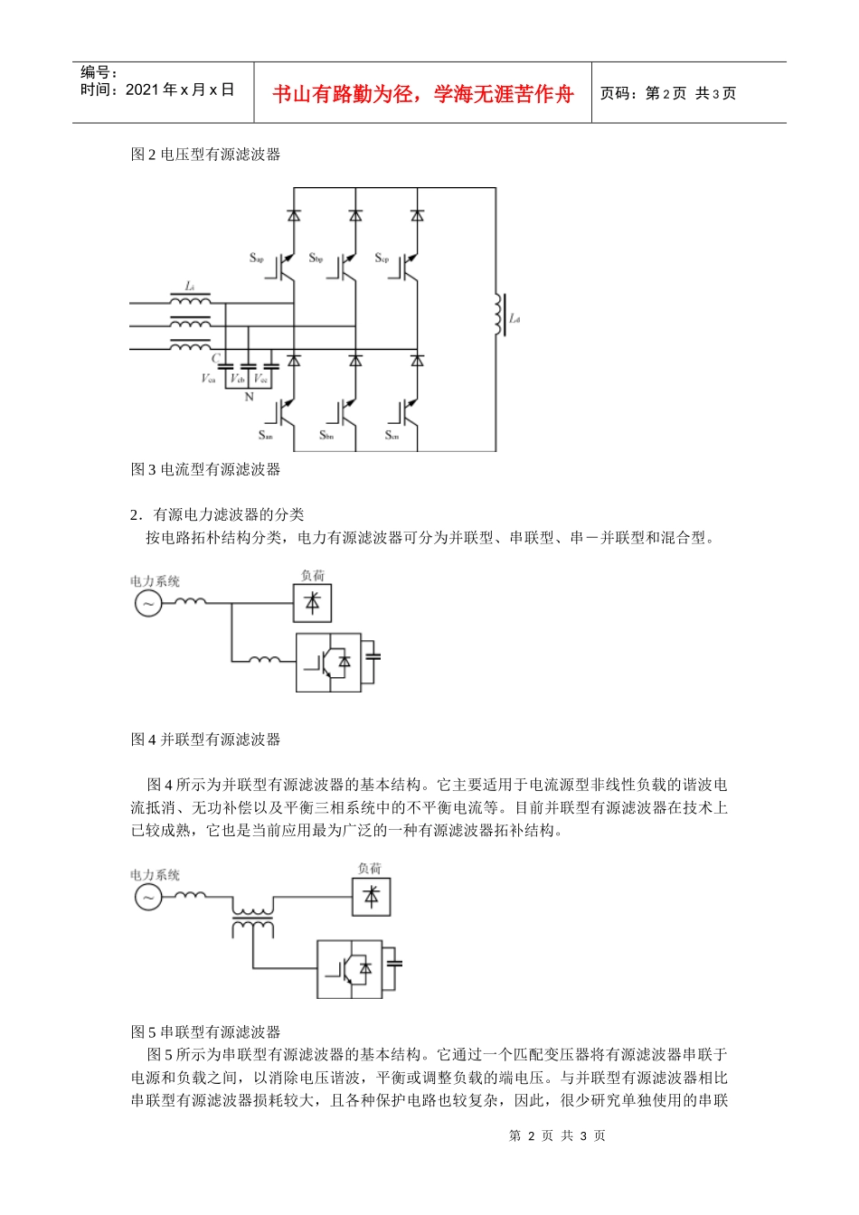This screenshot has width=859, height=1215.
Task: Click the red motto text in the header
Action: pos(422,94)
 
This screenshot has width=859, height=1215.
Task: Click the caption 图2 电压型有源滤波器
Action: pos(205,155)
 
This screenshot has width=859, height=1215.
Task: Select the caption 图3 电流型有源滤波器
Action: pos(205,469)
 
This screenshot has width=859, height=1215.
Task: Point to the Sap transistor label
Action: pos(257,259)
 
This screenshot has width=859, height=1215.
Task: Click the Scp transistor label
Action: pos(382,259)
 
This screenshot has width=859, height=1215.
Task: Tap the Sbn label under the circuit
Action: pos(326,436)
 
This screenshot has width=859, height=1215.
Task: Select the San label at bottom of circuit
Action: pos(265,436)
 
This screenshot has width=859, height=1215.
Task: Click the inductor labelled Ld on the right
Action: pos(497,315)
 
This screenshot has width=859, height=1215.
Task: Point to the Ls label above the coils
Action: pos(190,287)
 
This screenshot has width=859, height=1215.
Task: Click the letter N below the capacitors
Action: pos(250,397)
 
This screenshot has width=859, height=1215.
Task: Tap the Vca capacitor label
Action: pos(208,379)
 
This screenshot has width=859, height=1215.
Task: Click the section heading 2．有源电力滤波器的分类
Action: pos(217,514)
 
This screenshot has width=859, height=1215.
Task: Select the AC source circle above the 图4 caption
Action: pos(148,603)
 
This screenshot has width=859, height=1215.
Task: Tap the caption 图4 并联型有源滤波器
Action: pos(205,739)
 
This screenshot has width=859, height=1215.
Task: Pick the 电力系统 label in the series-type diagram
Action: pos(155,875)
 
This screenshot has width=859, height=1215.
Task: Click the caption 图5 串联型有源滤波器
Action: pos(205,1031)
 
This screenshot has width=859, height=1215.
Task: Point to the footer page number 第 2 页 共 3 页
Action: pos(557,1135)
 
